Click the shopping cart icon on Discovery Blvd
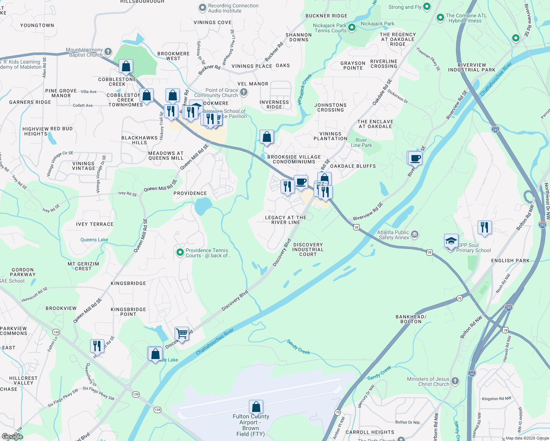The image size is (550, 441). pos(182,334)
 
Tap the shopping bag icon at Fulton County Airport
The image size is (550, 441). pos(256,407)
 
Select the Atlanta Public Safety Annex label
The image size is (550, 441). pos(394,235)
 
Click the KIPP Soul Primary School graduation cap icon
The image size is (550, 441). pos(451,241)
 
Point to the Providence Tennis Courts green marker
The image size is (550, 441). pos(180,252)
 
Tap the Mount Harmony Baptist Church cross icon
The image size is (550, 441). pos(108,51)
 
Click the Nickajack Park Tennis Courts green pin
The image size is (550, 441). pos(352,27)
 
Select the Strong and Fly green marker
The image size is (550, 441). pos(426,6)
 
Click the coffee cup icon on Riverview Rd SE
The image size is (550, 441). pos(415,158)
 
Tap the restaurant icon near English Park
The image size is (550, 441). pos(485,227)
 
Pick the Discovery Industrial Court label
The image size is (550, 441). pos(308,250)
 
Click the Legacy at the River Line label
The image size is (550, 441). pos(286,220)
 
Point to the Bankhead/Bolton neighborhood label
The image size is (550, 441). pos(411,319)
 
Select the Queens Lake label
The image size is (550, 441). pos(94,240)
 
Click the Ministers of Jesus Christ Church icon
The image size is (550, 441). pos(455,381)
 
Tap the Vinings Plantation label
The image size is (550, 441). pos(330,136)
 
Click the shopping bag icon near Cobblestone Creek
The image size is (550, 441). pos(126,67)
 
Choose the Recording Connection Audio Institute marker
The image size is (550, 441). pos(202,7)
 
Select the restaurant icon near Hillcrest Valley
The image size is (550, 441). pos(97,346)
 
